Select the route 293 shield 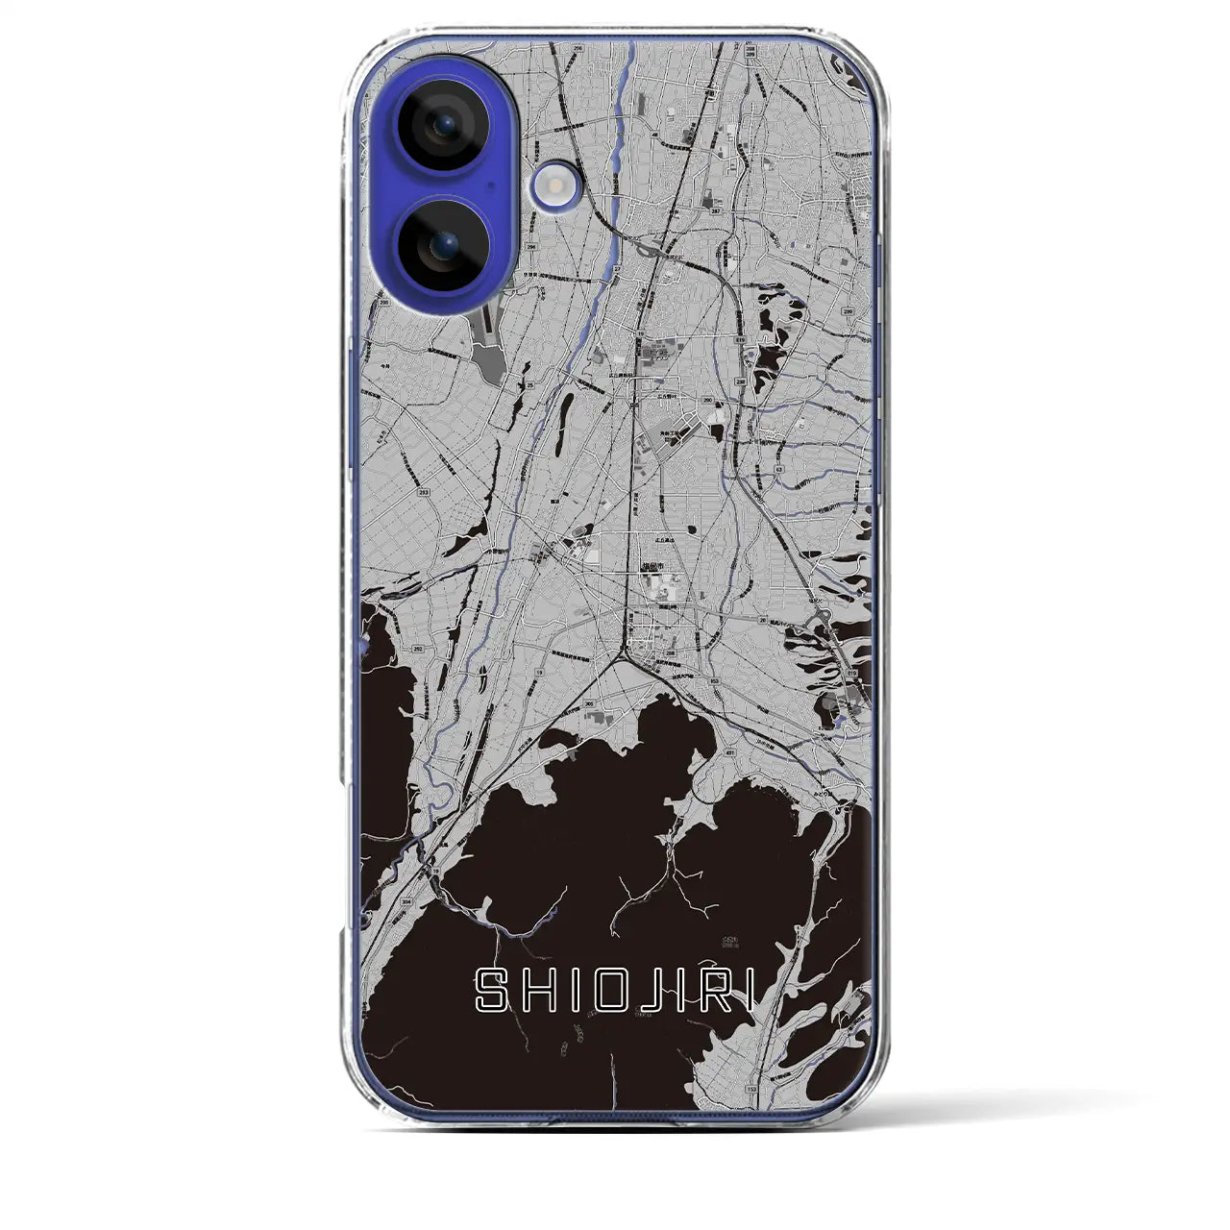tap(424, 491)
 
